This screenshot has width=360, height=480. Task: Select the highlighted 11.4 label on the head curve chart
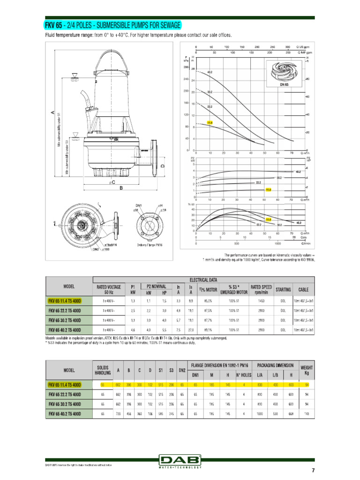point(209,123)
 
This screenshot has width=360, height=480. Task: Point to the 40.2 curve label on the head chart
point(210,72)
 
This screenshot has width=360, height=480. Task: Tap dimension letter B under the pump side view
point(121,188)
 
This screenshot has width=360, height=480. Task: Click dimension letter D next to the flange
point(163,166)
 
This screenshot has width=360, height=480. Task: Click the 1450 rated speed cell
point(262,300)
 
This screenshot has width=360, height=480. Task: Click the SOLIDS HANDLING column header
point(103,370)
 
